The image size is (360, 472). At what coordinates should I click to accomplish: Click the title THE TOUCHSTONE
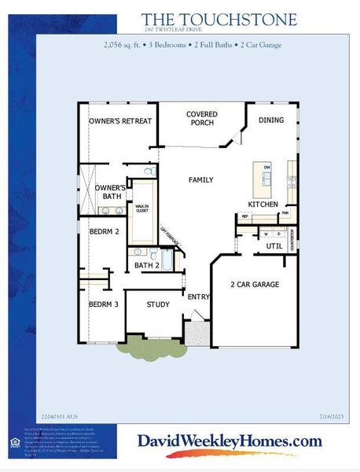point(219,20)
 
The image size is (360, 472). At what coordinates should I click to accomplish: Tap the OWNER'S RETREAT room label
point(119,121)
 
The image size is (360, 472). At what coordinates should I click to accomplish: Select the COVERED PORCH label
point(202,119)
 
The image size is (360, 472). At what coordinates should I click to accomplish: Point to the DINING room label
point(271,120)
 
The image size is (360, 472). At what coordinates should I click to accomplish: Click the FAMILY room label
point(200,180)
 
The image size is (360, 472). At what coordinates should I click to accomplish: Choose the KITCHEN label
point(263,205)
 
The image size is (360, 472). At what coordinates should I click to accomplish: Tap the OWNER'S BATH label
point(110,192)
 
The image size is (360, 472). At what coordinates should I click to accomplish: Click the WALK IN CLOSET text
point(141,208)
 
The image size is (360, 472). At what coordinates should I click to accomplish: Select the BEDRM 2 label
point(103,232)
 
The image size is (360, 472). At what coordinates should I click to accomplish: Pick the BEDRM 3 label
point(103,304)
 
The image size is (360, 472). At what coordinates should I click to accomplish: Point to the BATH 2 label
point(146,266)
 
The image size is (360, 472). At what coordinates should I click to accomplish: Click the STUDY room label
point(158,304)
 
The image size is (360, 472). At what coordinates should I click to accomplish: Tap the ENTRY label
point(197,297)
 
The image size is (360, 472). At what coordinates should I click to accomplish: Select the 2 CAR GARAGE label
point(254,284)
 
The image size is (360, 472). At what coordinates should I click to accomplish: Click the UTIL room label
point(274,246)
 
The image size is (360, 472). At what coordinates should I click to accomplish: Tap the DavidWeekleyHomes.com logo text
point(230,441)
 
